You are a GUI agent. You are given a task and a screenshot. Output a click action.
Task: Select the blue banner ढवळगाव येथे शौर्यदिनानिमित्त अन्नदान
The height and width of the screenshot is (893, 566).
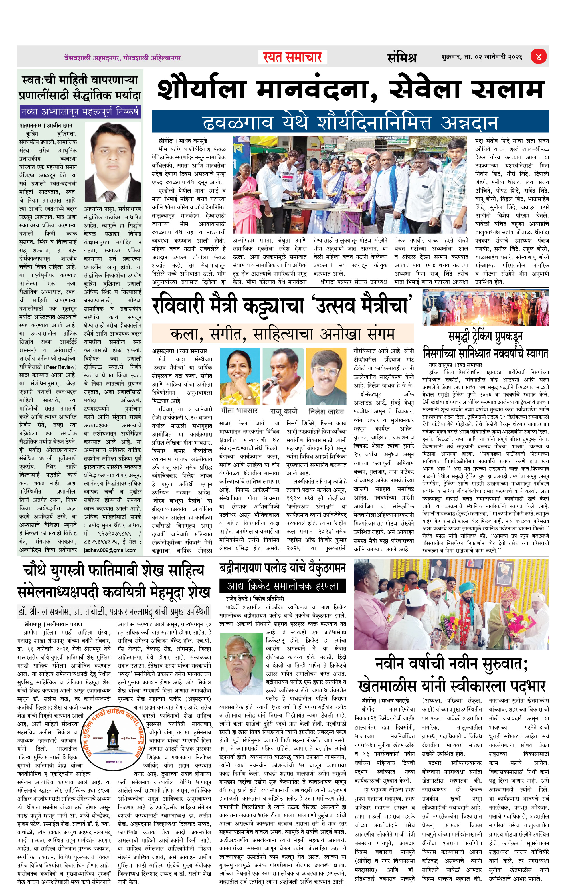click(x=350, y=122)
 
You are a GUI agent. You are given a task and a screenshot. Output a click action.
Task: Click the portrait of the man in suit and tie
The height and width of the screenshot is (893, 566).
click(x=112, y=162)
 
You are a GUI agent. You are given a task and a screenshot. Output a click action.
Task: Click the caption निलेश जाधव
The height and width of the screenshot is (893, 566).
click(x=326, y=411)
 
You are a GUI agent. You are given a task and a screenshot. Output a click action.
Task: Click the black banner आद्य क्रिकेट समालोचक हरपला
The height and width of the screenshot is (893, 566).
click(x=283, y=586)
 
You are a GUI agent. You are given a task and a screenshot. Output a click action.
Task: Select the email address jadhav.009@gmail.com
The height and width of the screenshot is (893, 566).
click(x=110, y=550)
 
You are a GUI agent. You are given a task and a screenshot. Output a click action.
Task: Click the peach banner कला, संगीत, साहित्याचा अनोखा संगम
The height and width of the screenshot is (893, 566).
click(x=283, y=334)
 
